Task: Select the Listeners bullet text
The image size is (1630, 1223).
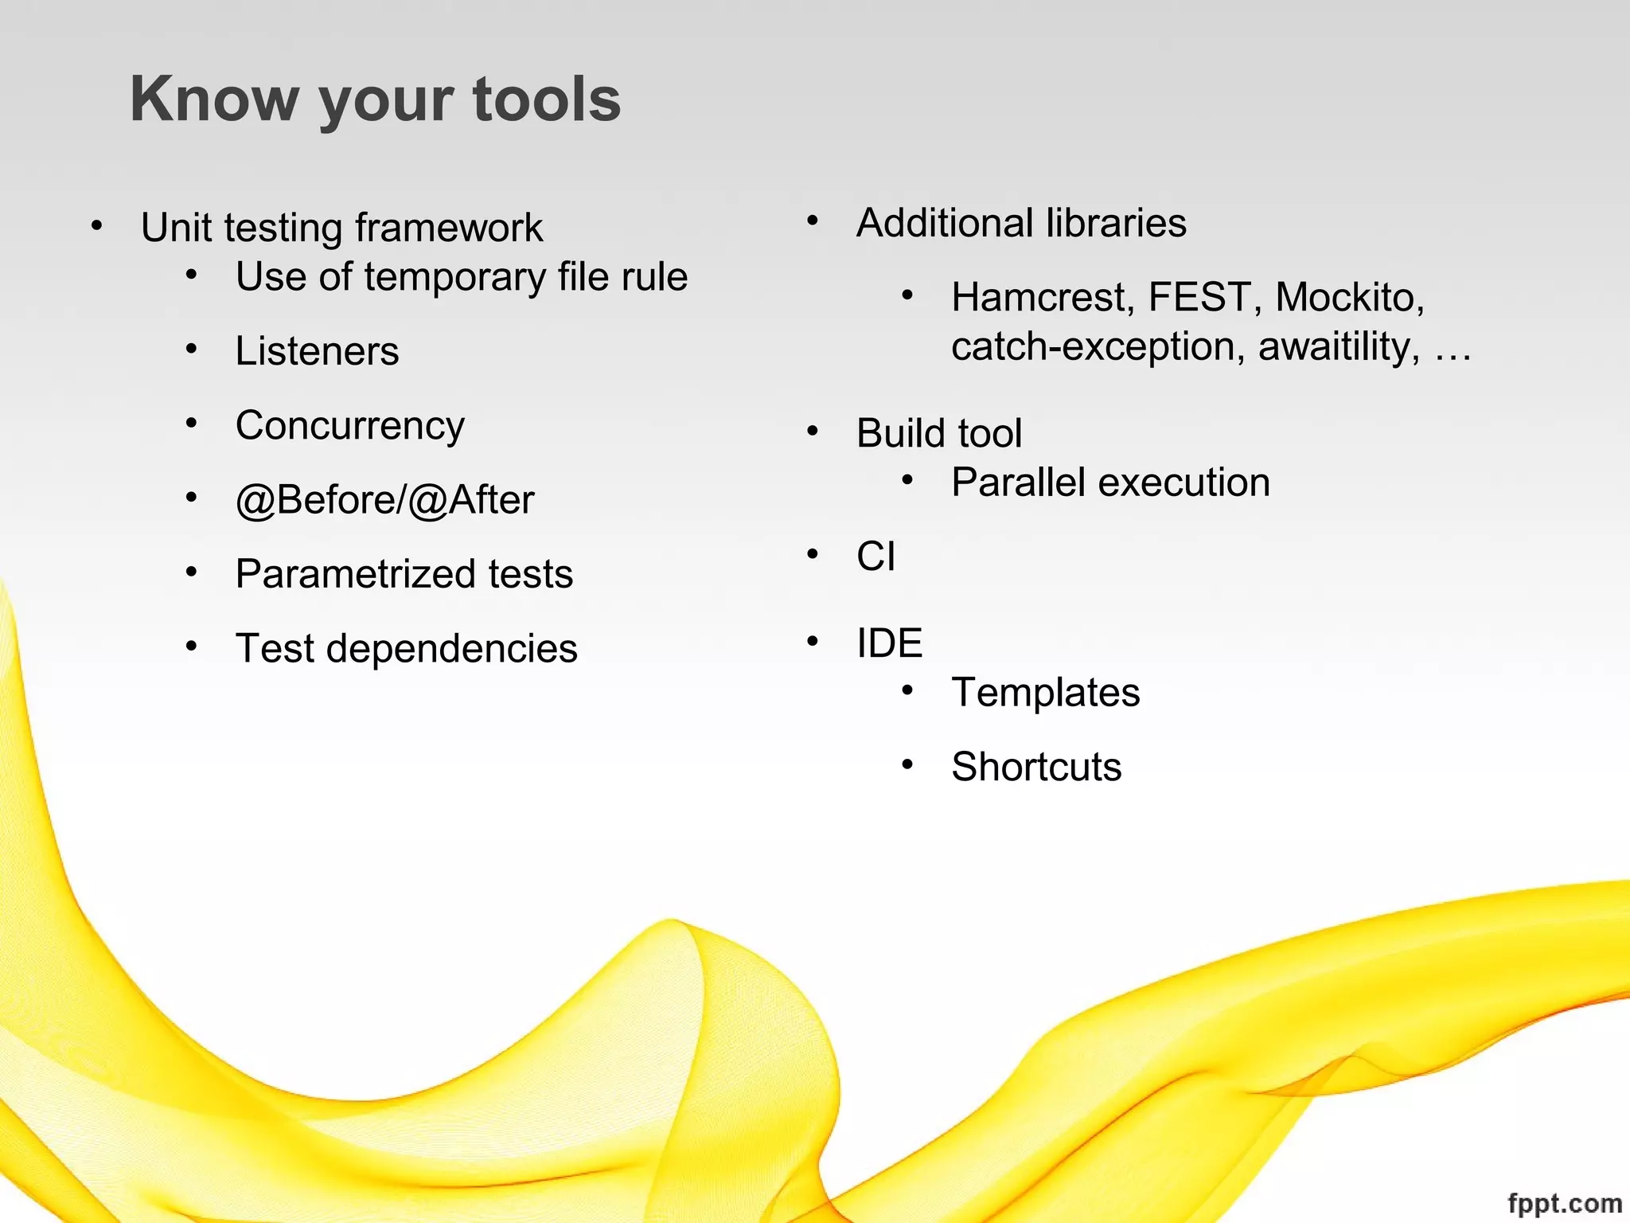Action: click(x=317, y=351)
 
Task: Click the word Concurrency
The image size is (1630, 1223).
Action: click(x=349, y=426)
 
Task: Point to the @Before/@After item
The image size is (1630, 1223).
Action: click(x=384, y=500)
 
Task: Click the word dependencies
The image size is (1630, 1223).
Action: click(x=451, y=648)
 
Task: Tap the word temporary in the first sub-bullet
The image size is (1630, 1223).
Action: click(x=454, y=277)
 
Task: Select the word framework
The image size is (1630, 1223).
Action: click(x=449, y=228)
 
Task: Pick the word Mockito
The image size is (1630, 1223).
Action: click(x=1349, y=297)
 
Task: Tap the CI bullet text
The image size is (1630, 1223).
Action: click(x=875, y=556)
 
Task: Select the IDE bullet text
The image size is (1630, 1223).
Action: click(x=889, y=643)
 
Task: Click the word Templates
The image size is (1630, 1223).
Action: click(x=1045, y=692)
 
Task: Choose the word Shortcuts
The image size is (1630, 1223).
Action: click(x=1036, y=767)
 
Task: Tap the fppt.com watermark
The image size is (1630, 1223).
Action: click(x=1565, y=1203)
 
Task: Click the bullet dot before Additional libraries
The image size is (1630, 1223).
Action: click(x=812, y=221)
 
